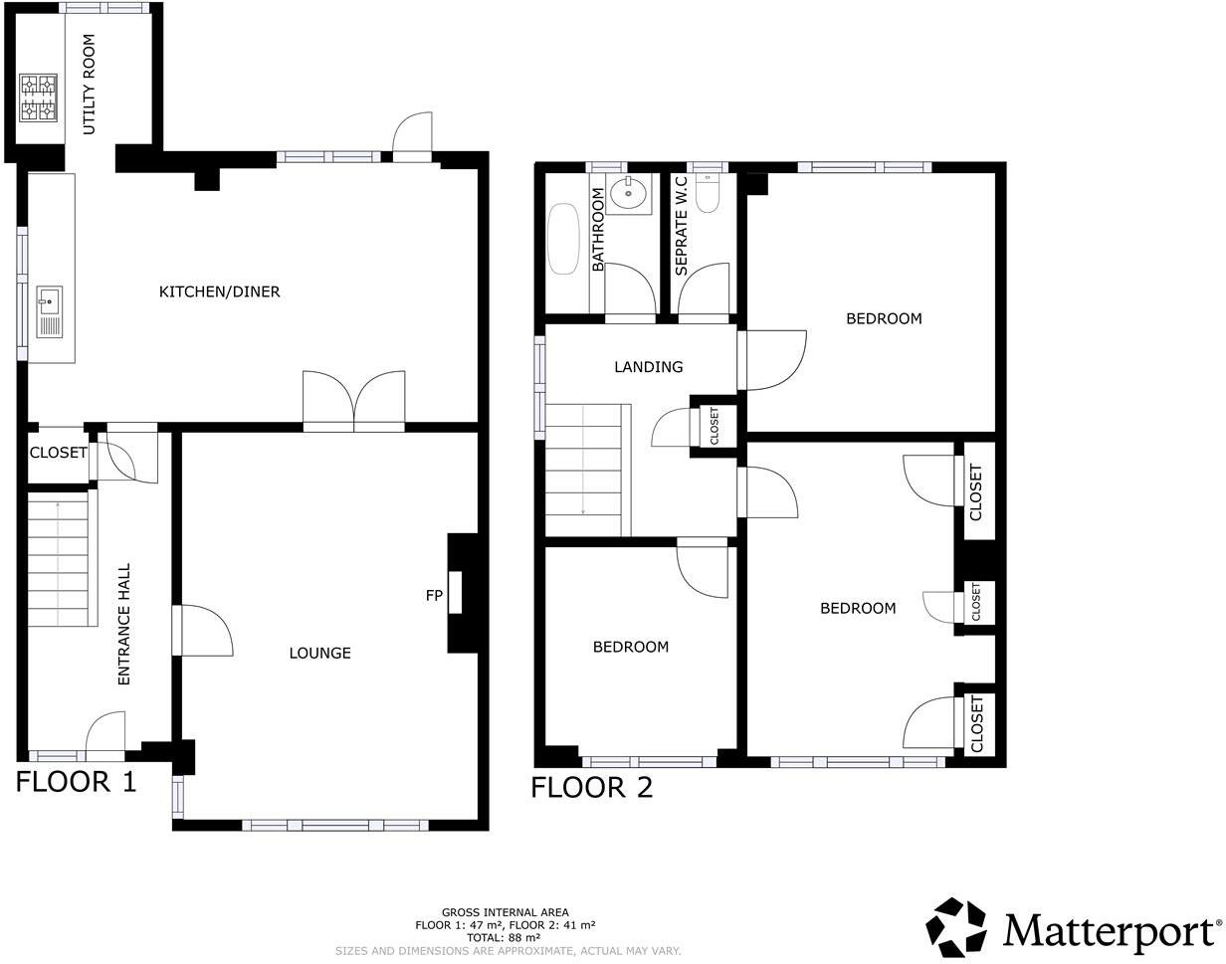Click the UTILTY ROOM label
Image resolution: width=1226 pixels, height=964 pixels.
pyautogui.click(x=89, y=85)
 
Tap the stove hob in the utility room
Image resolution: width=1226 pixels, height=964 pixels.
pyautogui.click(x=38, y=96)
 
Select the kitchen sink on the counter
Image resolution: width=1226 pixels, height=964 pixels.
pyautogui.click(x=49, y=310)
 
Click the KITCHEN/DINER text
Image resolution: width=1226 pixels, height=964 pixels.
pyautogui.click(x=219, y=291)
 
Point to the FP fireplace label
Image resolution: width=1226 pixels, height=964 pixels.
pyautogui.click(x=434, y=596)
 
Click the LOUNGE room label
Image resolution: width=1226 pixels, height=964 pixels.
pyautogui.click(x=319, y=653)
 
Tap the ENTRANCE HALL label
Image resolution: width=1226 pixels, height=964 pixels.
pyautogui.click(x=124, y=624)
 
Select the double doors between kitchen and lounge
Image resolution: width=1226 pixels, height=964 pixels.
pyautogui.click(x=354, y=401)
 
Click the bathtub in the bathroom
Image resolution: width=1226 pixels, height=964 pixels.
pyautogui.click(x=563, y=239)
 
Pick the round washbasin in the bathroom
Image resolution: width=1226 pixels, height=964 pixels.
pyautogui.click(x=628, y=193)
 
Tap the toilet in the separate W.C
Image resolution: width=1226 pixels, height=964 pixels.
pyautogui.click(x=708, y=194)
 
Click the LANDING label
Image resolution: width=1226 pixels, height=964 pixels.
pyautogui.click(x=648, y=367)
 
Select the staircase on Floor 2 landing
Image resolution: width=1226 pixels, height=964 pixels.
pyautogui.click(x=587, y=470)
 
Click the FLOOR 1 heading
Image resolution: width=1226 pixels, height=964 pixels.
pyautogui.click(x=76, y=782)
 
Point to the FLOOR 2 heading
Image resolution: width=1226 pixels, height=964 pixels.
pyautogui.click(x=591, y=788)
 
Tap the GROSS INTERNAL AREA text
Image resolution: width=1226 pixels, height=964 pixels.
pyautogui.click(x=506, y=912)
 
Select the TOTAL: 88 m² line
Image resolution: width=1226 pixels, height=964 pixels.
pyautogui.click(x=504, y=937)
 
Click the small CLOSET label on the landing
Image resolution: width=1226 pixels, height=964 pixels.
pyautogui.click(x=715, y=426)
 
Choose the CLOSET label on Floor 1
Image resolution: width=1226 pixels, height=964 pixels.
pyautogui.click(x=58, y=453)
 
